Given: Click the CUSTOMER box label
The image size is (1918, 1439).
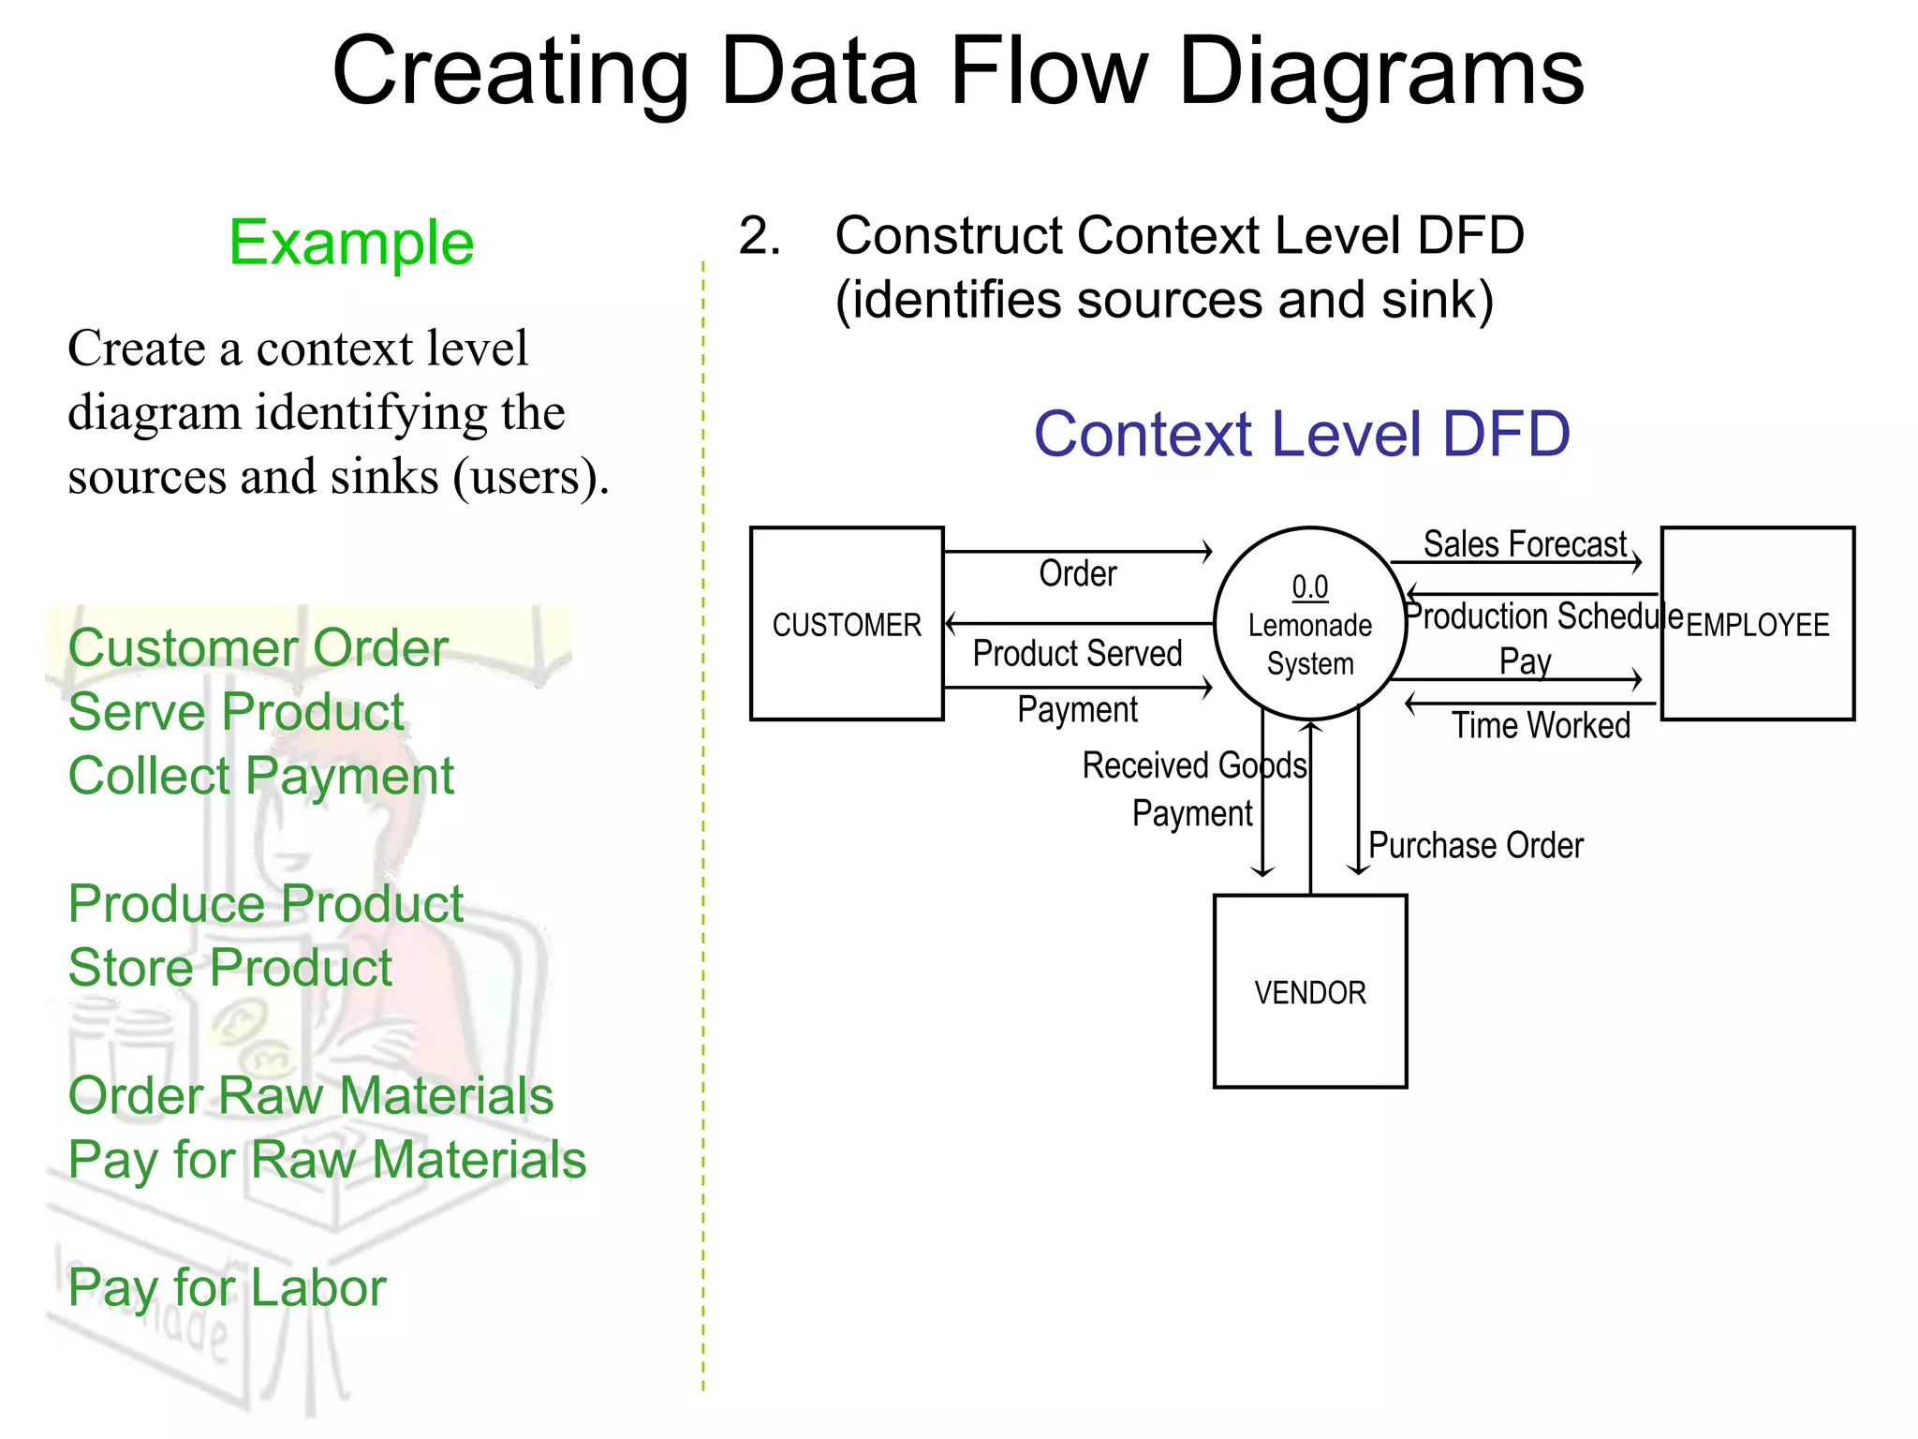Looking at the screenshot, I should tap(846, 625).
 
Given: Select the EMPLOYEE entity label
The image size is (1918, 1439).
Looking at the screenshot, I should tap(1757, 625).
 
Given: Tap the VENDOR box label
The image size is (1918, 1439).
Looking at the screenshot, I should tap(1309, 992).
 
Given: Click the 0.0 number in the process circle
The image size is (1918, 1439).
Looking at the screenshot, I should tap(1309, 587).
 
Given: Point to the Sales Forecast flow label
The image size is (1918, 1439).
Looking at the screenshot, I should tap(1525, 544).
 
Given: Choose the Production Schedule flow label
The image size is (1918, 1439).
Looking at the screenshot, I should tap(1543, 616).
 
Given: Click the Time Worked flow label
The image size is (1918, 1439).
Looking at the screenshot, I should tap(1541, 725).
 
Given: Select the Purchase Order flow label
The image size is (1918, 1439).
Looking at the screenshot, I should tap(1475, 845).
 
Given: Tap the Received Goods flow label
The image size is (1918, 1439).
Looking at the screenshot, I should tap(1193, 765).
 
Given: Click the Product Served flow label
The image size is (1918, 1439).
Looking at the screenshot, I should tap(1077, 653).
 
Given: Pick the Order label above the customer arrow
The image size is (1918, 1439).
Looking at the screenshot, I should tap(1077, 573).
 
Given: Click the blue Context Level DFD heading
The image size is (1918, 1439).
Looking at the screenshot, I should tap(1301, 434).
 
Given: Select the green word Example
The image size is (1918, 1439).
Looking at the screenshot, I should tap(351, 243).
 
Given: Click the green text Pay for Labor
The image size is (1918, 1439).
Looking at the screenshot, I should tap(227, 1287).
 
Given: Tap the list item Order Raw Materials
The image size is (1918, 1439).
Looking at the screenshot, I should tap(310, 1095).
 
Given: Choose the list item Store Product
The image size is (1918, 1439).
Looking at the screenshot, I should tap(230, 967).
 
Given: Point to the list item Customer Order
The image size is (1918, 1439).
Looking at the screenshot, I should tap(258, 647).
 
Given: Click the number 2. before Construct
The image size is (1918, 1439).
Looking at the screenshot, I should tap(759, 235).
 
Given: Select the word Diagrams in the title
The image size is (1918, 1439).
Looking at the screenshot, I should tap(1380, 72).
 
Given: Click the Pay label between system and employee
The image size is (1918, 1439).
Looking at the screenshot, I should tap(1525, 661).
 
